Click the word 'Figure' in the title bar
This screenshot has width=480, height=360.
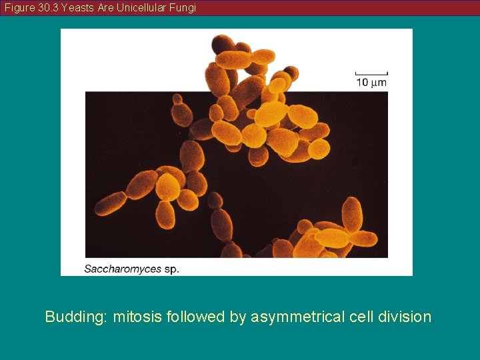tap(19, 8)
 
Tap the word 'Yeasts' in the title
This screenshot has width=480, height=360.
tap(78, 8)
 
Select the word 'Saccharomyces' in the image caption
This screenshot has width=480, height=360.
tap(123, 269)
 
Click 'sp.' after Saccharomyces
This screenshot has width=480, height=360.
tap(171, 269)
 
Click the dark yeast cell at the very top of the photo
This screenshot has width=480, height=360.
tap(223, 45)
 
